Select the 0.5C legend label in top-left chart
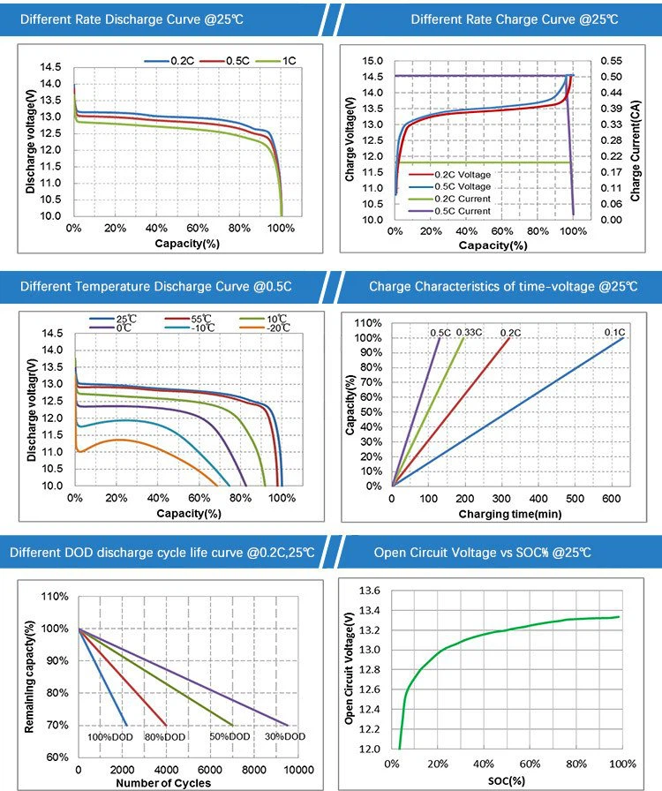click(236, 59)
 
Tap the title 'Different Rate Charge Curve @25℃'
click(501, 19)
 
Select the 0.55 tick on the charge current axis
click(611, 61)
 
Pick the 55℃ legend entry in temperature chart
click(200, 318)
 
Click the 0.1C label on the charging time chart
click(614, 333)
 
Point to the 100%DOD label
click(109, 736)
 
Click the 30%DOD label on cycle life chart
click(283, 736)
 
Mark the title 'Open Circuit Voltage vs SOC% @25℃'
click(482, 553)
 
